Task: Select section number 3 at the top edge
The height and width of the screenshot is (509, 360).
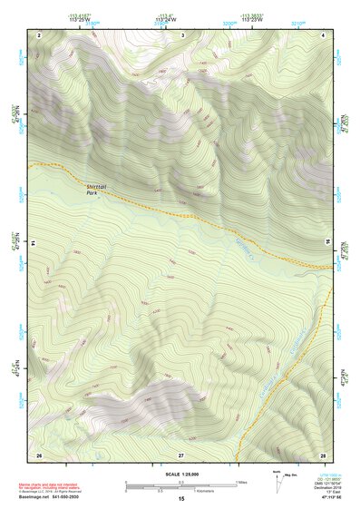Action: click(182, 34)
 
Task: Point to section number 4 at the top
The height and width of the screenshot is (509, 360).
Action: click(325, 34)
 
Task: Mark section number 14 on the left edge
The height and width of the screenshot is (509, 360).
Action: click(34, 243)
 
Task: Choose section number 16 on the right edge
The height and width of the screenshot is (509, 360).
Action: click(328, 243)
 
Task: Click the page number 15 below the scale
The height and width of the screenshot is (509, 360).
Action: click(180, 499)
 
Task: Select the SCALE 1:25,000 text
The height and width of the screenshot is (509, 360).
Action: click(180, 475)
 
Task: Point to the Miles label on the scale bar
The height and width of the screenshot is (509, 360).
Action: click(241, 482)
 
